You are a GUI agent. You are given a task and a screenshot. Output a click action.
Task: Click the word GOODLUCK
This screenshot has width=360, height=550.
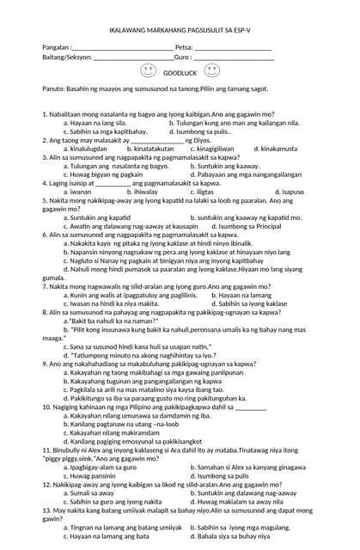tap(180, 74)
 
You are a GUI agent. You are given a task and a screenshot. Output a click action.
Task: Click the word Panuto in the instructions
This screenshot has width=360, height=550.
tap(53, 89)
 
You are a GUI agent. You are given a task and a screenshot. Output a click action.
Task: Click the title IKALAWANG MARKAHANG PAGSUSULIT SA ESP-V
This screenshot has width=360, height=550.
tap(180, 31)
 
